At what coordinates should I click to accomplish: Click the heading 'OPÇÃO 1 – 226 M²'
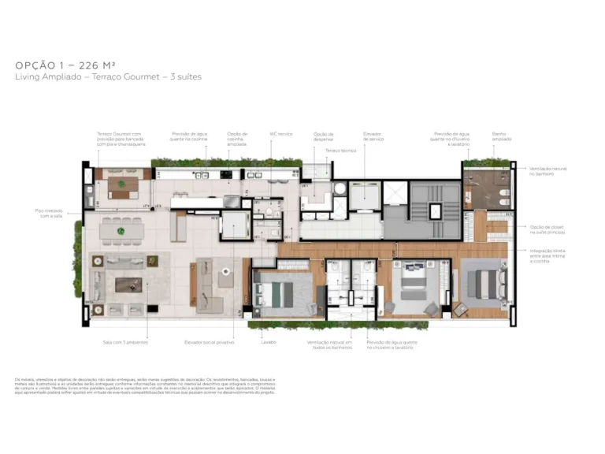point(65,65)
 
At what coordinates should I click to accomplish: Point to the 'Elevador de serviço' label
point(373,136)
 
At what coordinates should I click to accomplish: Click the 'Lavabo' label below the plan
point(268,343)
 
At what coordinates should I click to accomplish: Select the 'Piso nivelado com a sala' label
point(48,213)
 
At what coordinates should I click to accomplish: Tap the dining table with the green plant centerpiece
point(121,232)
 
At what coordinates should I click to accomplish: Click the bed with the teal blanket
point(278,293)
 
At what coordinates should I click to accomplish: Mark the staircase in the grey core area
point(434,210)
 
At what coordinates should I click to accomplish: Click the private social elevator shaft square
point(234,225)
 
